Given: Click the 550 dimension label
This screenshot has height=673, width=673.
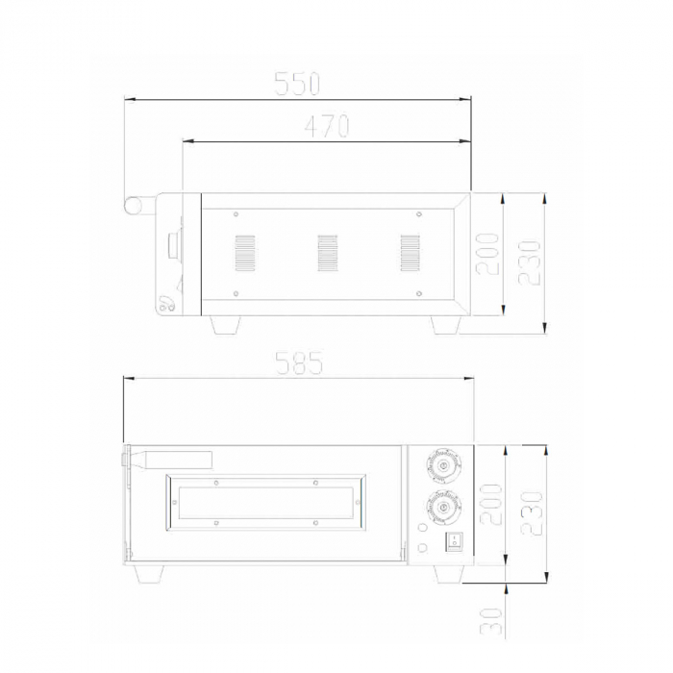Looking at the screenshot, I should pos(296,84).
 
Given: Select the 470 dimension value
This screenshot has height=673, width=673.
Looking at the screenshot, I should pos(326,126).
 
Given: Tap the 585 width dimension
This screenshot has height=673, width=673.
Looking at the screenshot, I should pos(298,363).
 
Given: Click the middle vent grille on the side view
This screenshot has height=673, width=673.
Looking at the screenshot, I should pos(328,253).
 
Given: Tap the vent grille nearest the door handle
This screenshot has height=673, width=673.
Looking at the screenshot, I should pos(246,253).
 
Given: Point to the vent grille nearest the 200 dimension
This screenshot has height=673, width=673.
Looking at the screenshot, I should pos(411,253).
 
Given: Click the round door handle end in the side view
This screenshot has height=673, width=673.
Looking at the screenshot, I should pos(132,204).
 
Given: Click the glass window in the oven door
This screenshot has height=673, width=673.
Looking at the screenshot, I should pos(264,501).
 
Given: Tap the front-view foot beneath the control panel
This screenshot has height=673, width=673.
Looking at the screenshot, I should pos(447,573).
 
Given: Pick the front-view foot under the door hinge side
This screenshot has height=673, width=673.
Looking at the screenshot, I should pos(149,573).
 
